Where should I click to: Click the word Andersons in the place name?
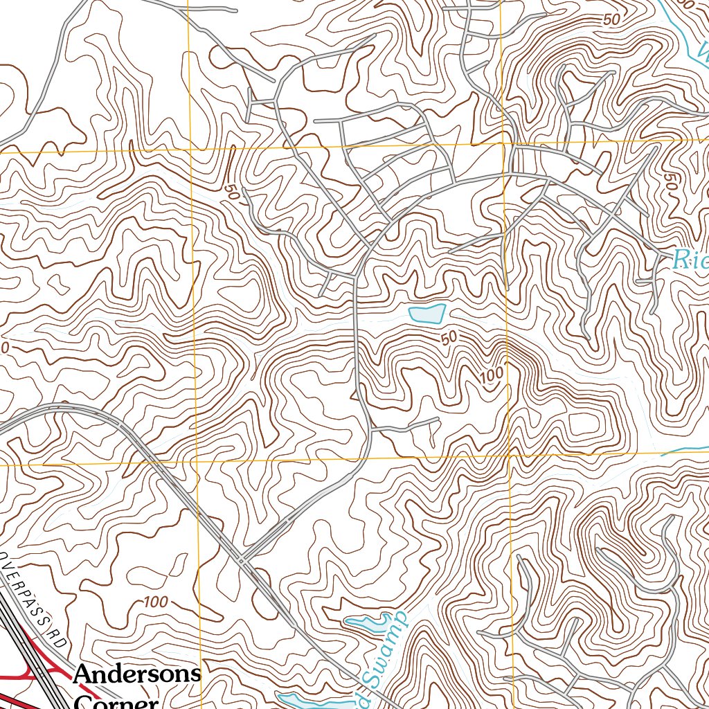[x=137, y=674]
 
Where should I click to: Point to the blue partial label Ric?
[x=690, y=260]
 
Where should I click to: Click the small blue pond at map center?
[x=427, y=314]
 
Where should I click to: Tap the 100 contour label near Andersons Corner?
[x=156, y=602]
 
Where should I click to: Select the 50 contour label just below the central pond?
[x=449, y=338]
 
